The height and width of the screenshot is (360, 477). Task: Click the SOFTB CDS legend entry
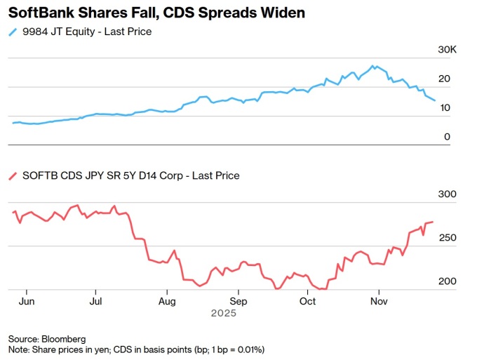click(x=129, y=175)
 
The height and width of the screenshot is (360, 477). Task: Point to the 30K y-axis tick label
click(x=448, y=50)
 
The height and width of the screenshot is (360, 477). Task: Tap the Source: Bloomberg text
click(x=47, y=338)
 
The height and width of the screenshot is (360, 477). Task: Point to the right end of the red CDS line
click(x=433, y=222)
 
